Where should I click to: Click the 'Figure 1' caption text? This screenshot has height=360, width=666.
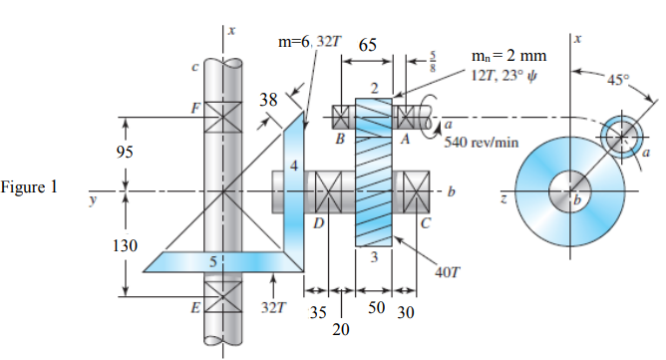[30, 186]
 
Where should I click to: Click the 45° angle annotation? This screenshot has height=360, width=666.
[625, 81]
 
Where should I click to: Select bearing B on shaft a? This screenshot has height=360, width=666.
[342, 116]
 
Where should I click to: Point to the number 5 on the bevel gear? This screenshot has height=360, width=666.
[212, 260]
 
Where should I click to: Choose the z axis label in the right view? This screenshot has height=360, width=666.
[503, 199]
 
